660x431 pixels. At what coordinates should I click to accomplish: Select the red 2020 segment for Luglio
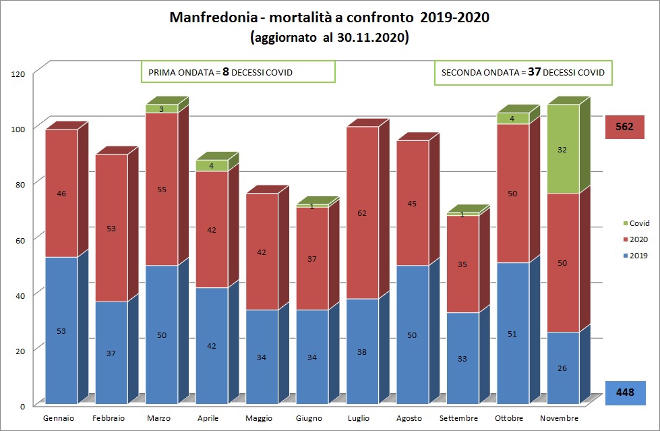pos(363,212)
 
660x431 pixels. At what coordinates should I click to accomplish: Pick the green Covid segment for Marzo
pos(162,109)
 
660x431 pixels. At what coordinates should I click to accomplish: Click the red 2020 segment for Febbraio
pos(111,228)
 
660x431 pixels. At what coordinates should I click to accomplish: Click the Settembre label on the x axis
pos(462,419)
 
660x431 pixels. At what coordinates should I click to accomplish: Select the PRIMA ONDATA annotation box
pos(238,72)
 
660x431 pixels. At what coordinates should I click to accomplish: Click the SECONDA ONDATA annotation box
pos(522,72)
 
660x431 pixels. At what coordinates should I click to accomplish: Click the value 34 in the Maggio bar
pos(262,357)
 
